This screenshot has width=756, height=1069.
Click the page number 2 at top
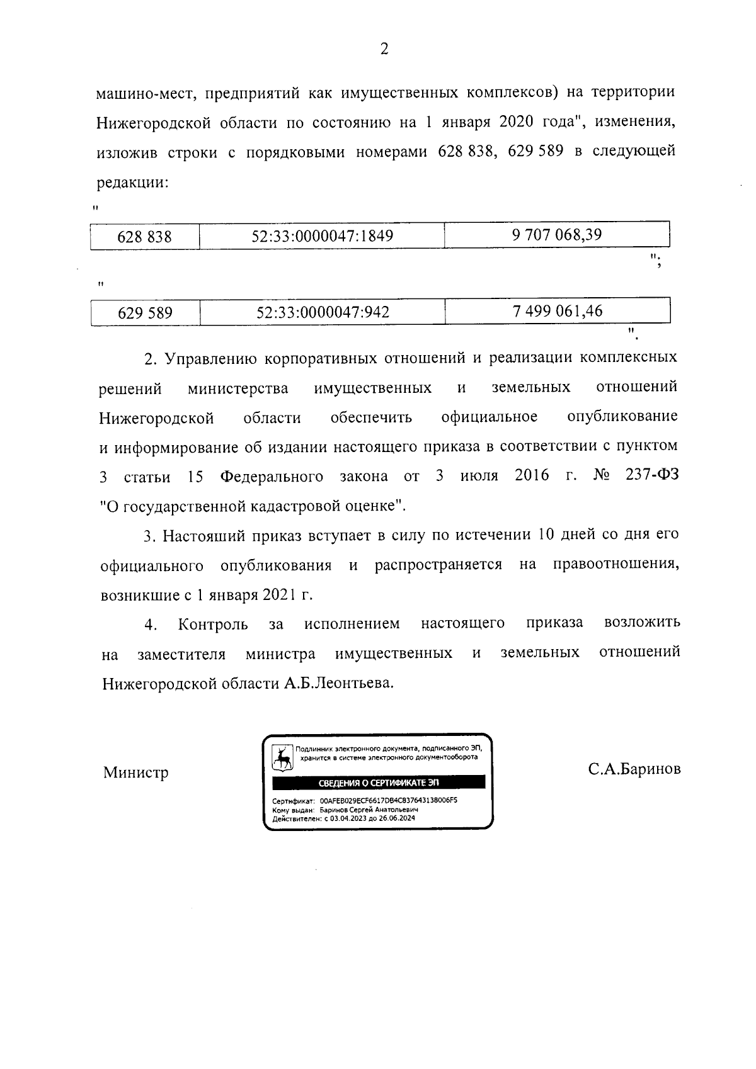click(384, 48)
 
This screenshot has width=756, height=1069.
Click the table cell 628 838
click(145, 237)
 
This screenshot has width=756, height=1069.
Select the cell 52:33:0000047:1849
click(322, 237)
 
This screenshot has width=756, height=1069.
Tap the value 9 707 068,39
click(557, 235)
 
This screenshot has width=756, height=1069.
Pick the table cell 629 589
click(145, 313)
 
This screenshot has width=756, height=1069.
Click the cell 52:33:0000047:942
click(323, 312)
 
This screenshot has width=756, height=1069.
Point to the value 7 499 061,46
click(558, 311)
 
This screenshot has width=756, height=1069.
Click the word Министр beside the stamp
click(136, 772)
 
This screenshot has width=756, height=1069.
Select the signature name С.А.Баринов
click(634, 769)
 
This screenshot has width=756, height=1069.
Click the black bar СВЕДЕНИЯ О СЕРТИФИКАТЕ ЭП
click(378, 783)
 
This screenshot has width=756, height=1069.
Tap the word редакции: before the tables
click(132, 183)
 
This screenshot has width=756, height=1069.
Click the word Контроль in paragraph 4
click(212, 625)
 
